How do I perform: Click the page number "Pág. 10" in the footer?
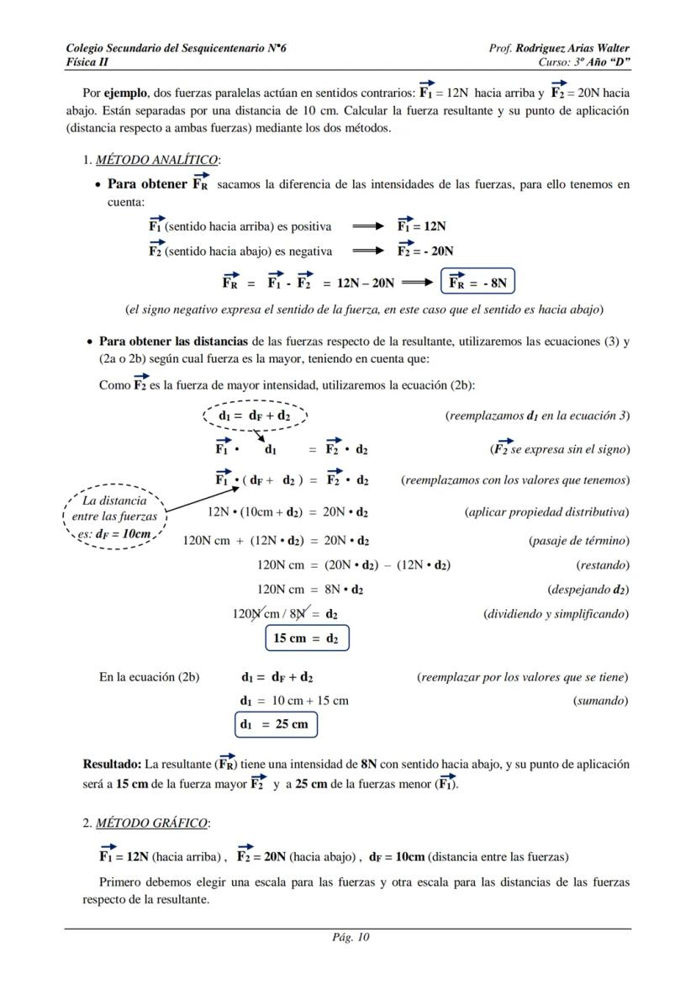point(348,938)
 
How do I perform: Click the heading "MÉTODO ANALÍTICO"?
point(157,160)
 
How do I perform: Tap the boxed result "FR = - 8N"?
point(477,283)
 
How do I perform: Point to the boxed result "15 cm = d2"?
point(306,638)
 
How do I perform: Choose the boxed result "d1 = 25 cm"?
point(275,723)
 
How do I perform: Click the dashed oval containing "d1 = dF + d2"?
point(256,415)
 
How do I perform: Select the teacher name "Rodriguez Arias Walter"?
point(572,49)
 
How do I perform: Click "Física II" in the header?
point(87,62)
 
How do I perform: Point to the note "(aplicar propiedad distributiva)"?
point(546,511)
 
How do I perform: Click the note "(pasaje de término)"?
point(578,541)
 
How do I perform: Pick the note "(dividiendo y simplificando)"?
point(556,613)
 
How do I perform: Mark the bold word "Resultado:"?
point(112,765)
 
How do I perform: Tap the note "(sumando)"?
point(600,700)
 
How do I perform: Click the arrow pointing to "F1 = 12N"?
point(368,226)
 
